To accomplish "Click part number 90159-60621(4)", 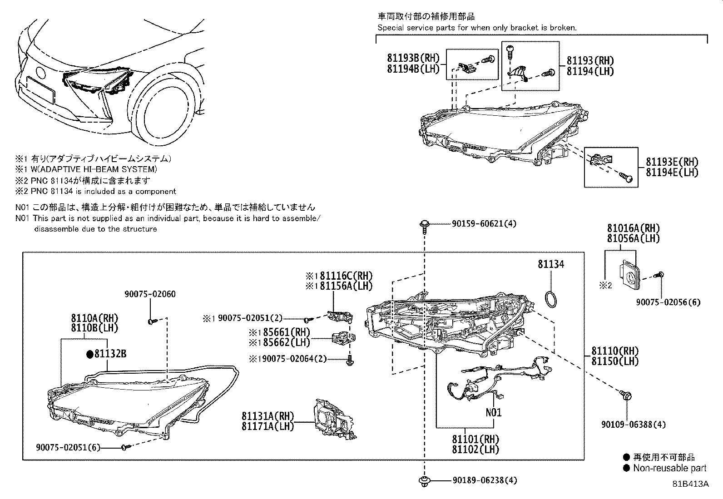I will (x=484, y=224).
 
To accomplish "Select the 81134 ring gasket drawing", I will (x=551, y=300).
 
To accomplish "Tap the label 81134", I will (x=551, y=264).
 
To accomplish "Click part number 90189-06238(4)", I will (x=484, y=480).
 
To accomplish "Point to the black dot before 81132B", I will (x=89, y=354).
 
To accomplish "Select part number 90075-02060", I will (x=150, y=294).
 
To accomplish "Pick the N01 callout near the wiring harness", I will (x=493, y=412).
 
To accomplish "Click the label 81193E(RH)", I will (x=672, y=162).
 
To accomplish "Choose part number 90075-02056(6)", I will (x=668, y=302).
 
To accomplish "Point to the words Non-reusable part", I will (x=670, y=468).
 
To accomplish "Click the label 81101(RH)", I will (x=475, y=439).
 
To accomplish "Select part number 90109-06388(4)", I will (x=633, y=425).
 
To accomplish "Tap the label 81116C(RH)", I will (x=345, y=276).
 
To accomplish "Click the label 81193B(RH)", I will (x=414, y=58).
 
